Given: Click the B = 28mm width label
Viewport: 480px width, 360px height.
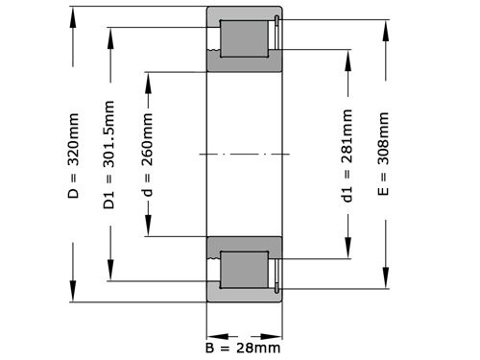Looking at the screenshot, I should [244, 347].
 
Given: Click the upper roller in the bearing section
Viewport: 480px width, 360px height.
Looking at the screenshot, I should [244, 39].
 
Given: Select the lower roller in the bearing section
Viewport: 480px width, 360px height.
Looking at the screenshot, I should [244, 270].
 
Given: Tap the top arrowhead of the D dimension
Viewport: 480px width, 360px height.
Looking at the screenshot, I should [73, 13].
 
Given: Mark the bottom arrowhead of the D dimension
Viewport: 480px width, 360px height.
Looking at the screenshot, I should [73, 297].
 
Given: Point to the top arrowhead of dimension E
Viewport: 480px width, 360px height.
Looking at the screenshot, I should [384, 23].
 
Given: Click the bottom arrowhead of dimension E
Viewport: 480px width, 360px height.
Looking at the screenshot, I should [384, 285].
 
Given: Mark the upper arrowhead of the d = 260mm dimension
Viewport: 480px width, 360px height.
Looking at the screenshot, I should [147, 77].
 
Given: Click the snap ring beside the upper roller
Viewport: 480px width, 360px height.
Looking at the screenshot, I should [276, 39].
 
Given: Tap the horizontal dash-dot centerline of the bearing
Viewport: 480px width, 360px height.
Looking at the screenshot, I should [244, 154].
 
